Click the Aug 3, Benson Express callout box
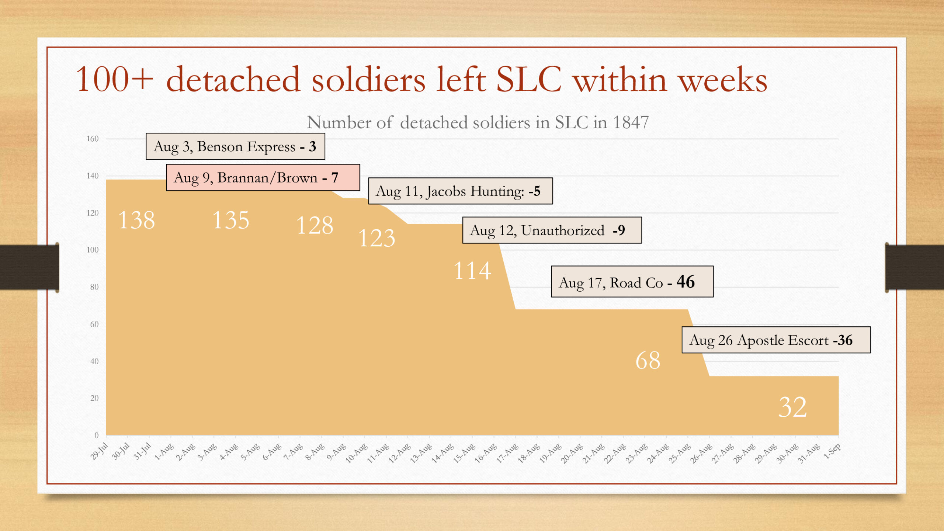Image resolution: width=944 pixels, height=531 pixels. tap(235, 146)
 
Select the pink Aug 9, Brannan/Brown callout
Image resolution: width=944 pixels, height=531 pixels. tap(263, 177)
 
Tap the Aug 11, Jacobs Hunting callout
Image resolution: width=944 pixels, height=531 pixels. tap(460, 191)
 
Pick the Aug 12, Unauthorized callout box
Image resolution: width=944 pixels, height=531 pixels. tap(552, 230)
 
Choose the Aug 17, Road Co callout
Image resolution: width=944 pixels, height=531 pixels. tap(632, 282)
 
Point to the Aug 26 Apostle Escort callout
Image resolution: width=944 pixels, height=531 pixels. tap(776, 340)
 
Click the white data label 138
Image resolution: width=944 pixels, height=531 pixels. tap(136, 221)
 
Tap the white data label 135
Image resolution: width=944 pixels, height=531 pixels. tap(231, 221)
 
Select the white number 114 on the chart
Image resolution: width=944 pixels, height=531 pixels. tap(472, 271)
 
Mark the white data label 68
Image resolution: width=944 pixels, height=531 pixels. tap(648, 360)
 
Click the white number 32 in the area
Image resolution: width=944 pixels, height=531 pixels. tap(792, 407)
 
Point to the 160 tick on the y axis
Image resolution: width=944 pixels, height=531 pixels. tap(93, 139)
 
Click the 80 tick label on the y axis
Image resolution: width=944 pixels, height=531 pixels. tap(94, 287)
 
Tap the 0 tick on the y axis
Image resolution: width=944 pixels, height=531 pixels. tap(97, 435)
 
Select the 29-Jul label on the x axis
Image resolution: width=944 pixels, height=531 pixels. tap(99, 451)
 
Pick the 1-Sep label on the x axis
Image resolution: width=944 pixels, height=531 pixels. tap(832, 451)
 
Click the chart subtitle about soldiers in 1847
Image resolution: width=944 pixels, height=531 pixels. tap(478, 122)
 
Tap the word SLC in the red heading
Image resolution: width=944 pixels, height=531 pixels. tap(529, 80)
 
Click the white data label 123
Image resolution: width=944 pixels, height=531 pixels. tap(376, 238)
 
